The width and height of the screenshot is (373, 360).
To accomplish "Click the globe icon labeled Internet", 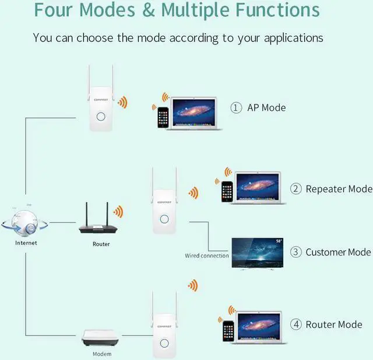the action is pyautogui.click(x=25, y=221).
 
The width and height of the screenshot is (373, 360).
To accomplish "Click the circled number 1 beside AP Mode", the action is pyautogui.click(x=236, y=107).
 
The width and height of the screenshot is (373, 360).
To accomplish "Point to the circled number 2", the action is pyautogui.click(x=296, y=188).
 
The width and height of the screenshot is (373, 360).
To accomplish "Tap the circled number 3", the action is pyautogui.click(x=296, y=252).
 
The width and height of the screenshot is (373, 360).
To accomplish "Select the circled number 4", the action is pyautogui.click(x=296, y=324).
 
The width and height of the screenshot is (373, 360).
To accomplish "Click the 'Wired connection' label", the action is pyautogui.click(x=207, y=256).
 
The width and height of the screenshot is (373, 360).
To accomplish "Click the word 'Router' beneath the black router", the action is pyautogui.click(x=101, y=244).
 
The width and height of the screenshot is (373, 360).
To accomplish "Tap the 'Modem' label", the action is pyautogui.click(x=102, y=354).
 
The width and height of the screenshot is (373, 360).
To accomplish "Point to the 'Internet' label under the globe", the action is pyautogui.click(x=26, y=242).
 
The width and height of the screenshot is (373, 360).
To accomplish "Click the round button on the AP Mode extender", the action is pyautogui.click(x=100, y=116).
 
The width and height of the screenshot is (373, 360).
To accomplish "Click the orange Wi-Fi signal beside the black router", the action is pyautogui.click(x=119, y=211).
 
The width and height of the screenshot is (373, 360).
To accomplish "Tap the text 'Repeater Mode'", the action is pyautogui.click(x=339, y=188).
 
